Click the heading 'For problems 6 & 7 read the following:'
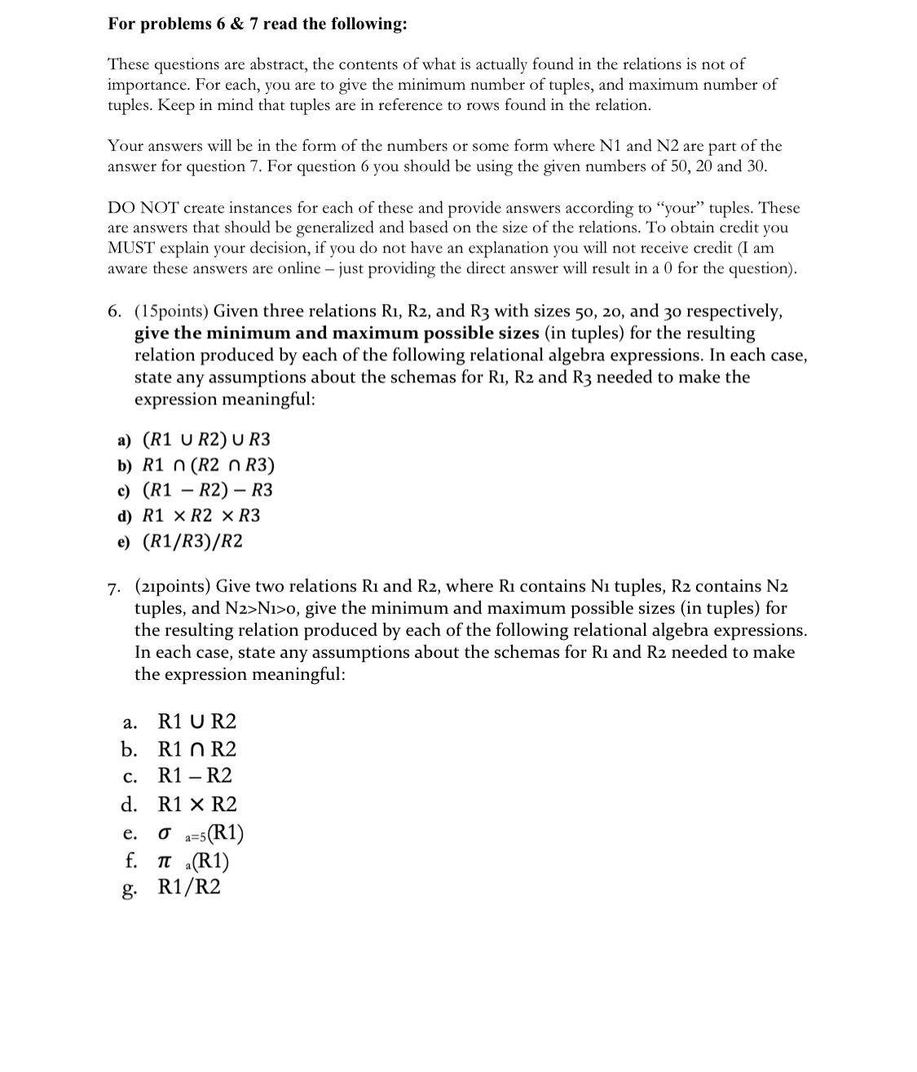coord(258,24)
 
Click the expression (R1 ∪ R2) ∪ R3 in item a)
coord(206,440)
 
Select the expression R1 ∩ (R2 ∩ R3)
coord(208,465)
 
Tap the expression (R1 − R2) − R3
coord(207,490)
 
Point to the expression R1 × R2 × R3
coord(201,515)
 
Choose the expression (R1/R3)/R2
coord(192,541)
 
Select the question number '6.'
coord(116,311)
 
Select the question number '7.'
coord(116,587)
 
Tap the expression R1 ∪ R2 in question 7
coord(196,721)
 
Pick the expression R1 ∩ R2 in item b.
coord(196,749)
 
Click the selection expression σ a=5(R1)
coord(201,833)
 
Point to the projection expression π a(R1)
coord(193,861)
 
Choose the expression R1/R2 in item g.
coord(188,888)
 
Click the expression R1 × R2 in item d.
coord(196,805)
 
